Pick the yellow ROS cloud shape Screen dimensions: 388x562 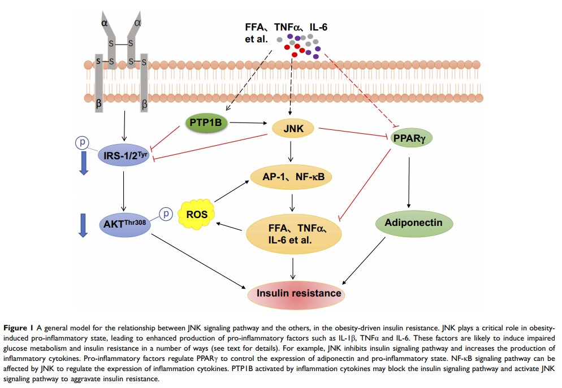coord(196,215)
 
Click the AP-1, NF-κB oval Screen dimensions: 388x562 coord(293,176)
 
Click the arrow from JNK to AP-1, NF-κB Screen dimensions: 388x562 coord(292,151)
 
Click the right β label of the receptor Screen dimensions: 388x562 coord(144,104)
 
